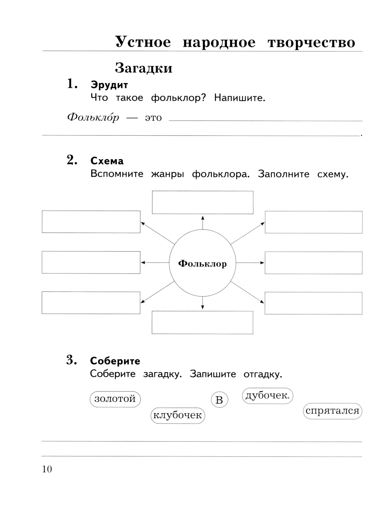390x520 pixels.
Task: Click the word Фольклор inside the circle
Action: point(202,264)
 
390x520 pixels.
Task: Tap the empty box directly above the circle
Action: point(202,202)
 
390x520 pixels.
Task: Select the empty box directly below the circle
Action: point(202,322)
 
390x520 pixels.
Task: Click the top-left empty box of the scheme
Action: point(91,222)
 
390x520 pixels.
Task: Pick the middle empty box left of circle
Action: point(91,262)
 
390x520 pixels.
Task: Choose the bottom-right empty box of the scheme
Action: point(313,303)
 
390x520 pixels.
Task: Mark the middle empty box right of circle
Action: point(313,263)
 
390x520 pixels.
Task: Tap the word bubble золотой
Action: point(115,399)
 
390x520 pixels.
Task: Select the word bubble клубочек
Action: point(178,415)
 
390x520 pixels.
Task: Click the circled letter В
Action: point(219,400)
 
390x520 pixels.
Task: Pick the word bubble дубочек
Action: point(268,396)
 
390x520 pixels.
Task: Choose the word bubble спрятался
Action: point(332,411)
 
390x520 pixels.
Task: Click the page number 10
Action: point(47,469)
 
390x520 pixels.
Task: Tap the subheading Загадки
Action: point(144,68)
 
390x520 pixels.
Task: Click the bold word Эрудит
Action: point(109,85)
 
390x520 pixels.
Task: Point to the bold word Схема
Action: point(107,161)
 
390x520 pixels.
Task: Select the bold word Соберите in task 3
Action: point(115,361)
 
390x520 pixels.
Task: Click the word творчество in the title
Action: point(311,42)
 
